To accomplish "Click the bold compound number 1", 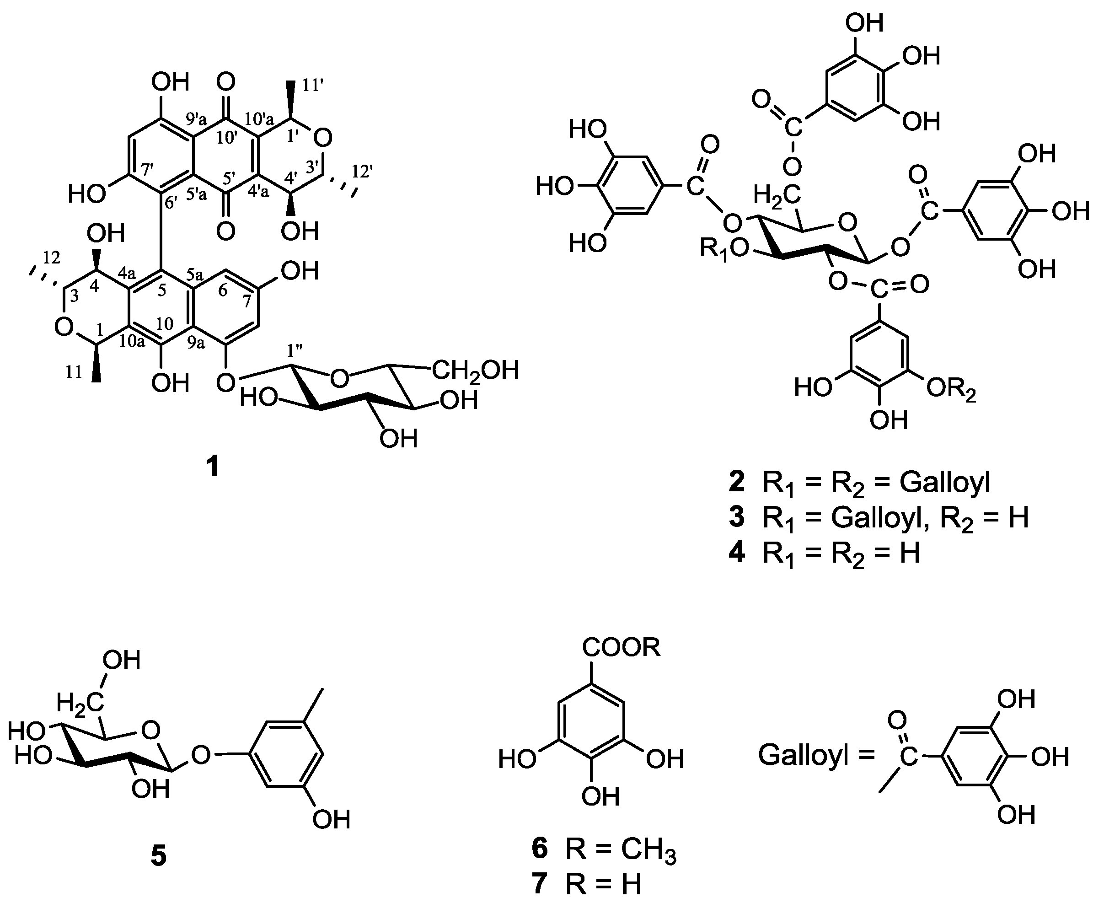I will coord(213,467).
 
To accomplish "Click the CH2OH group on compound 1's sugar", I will coord(475,371).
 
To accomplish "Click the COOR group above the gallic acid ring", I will coord(621,648).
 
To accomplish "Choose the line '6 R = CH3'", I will coord(604,849).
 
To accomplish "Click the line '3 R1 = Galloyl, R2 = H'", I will coord(879,519).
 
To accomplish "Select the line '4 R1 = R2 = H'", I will coord(824,554).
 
